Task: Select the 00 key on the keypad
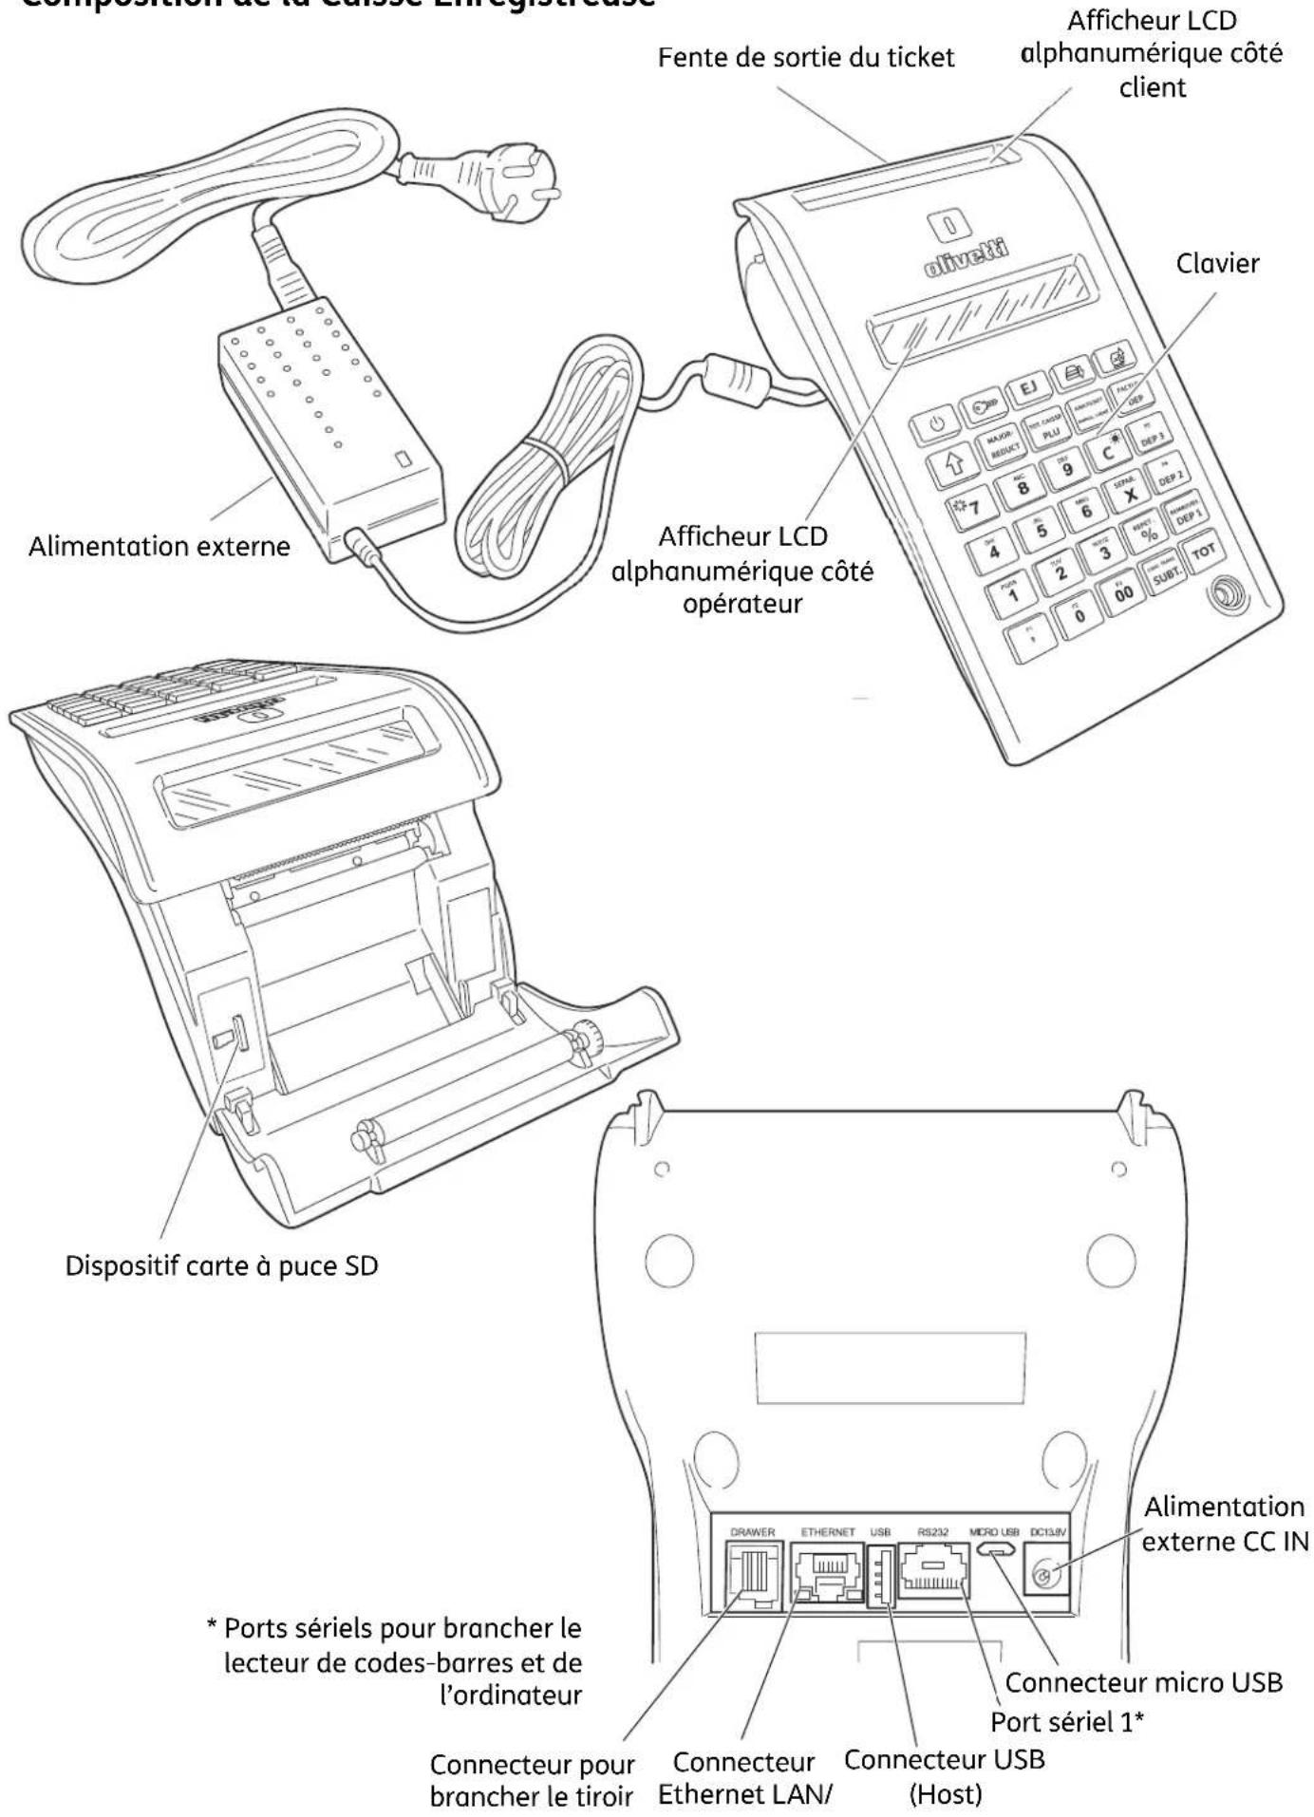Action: pos(1123,593)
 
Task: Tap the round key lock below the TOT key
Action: pos(1228,597)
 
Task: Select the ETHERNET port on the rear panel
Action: pos(826,1573)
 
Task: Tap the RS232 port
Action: pos(932,1571)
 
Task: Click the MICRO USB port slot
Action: pos(994,1551)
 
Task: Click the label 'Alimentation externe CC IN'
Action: pos(1225,1524)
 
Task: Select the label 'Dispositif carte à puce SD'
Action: pos(221,1265)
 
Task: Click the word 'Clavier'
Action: pos(1217,263)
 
